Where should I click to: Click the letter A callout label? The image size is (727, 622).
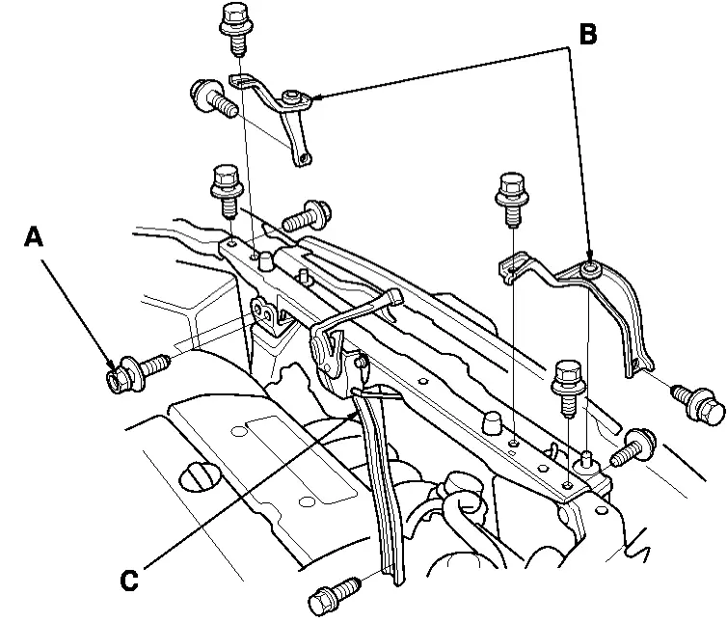pos(35,236)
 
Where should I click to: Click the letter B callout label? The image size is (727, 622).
pos(587,36)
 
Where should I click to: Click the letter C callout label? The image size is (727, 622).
pos(131,580)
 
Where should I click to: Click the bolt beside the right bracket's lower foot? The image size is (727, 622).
pos(701,404)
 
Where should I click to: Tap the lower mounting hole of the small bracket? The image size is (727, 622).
pos(304,158)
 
